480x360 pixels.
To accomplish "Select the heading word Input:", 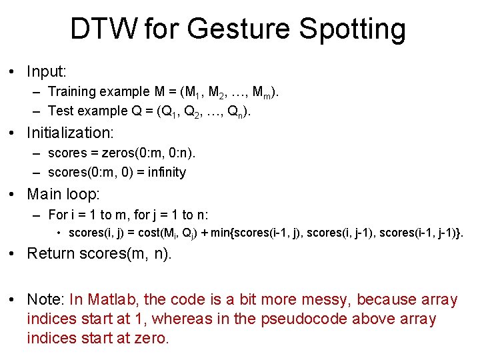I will [x=47, y=71].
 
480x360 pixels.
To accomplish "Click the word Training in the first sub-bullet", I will [x=71, y=91].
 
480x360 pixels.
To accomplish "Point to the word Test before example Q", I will [x=60, y=111].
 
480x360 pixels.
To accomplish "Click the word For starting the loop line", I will [x=57, y=215].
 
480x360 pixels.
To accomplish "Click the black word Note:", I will [x=46, y=300].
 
